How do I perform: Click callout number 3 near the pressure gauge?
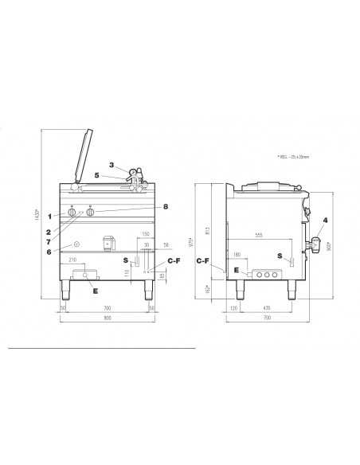[112, 165]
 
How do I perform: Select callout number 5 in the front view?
[96, 175]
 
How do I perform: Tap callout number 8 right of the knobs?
[165, 206]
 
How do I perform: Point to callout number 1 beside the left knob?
[49, 216]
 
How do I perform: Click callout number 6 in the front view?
[49, 252]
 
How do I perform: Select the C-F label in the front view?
[173, 260]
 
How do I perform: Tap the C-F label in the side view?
[202, 260]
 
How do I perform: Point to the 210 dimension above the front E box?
[72, 260]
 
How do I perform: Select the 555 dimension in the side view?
[260, 235]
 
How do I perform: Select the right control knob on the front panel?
[90, 213]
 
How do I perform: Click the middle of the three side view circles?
[267, 275]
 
